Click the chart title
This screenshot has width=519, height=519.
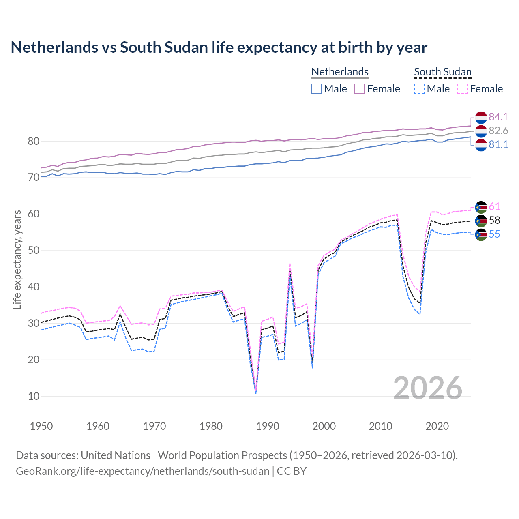[219, 47]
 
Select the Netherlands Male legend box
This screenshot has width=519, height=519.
[317, 89]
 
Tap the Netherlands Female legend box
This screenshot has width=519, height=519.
[360, 89]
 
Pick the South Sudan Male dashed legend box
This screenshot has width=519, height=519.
[419, 89]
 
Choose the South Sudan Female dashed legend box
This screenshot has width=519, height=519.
[463, 89]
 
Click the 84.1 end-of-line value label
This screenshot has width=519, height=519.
[498, 117]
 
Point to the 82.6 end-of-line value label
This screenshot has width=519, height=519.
[498, 131]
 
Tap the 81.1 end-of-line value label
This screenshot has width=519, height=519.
[498, 144]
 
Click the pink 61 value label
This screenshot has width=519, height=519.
[495, 206]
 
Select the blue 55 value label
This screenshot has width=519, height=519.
[495, 234]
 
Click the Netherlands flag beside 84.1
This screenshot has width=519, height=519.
[481, 117]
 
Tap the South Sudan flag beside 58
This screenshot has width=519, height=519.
[481, 221]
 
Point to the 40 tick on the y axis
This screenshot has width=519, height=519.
[34, 287]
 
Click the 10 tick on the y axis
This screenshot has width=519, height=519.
[34, 396]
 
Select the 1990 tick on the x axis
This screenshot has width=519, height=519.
[268, 426]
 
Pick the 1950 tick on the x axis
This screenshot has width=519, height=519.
[41, 426]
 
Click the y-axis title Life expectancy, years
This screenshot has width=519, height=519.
[17, 259]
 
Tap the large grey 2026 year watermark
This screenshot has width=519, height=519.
[428, 388]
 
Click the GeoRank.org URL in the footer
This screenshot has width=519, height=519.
[142, 471]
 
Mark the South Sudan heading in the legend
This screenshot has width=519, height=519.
[442, 72]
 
